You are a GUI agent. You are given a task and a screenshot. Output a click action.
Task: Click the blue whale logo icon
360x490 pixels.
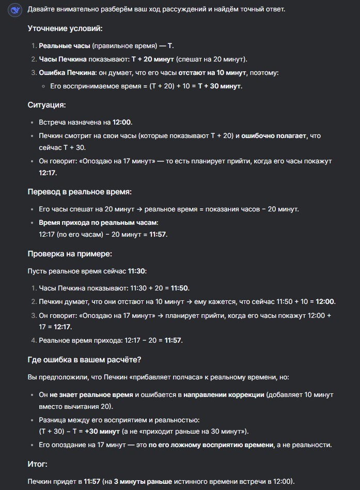point(15,10)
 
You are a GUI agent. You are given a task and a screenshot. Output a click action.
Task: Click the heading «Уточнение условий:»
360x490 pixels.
point(65,28)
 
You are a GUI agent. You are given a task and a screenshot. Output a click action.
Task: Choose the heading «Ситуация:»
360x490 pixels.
point(46,105)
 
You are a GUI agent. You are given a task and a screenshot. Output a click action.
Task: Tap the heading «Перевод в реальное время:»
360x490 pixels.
point(80,192)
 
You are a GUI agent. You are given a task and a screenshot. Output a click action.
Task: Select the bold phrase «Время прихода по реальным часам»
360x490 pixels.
point(98,223)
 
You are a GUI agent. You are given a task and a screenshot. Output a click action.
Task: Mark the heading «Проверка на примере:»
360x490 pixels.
point(70,254)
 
